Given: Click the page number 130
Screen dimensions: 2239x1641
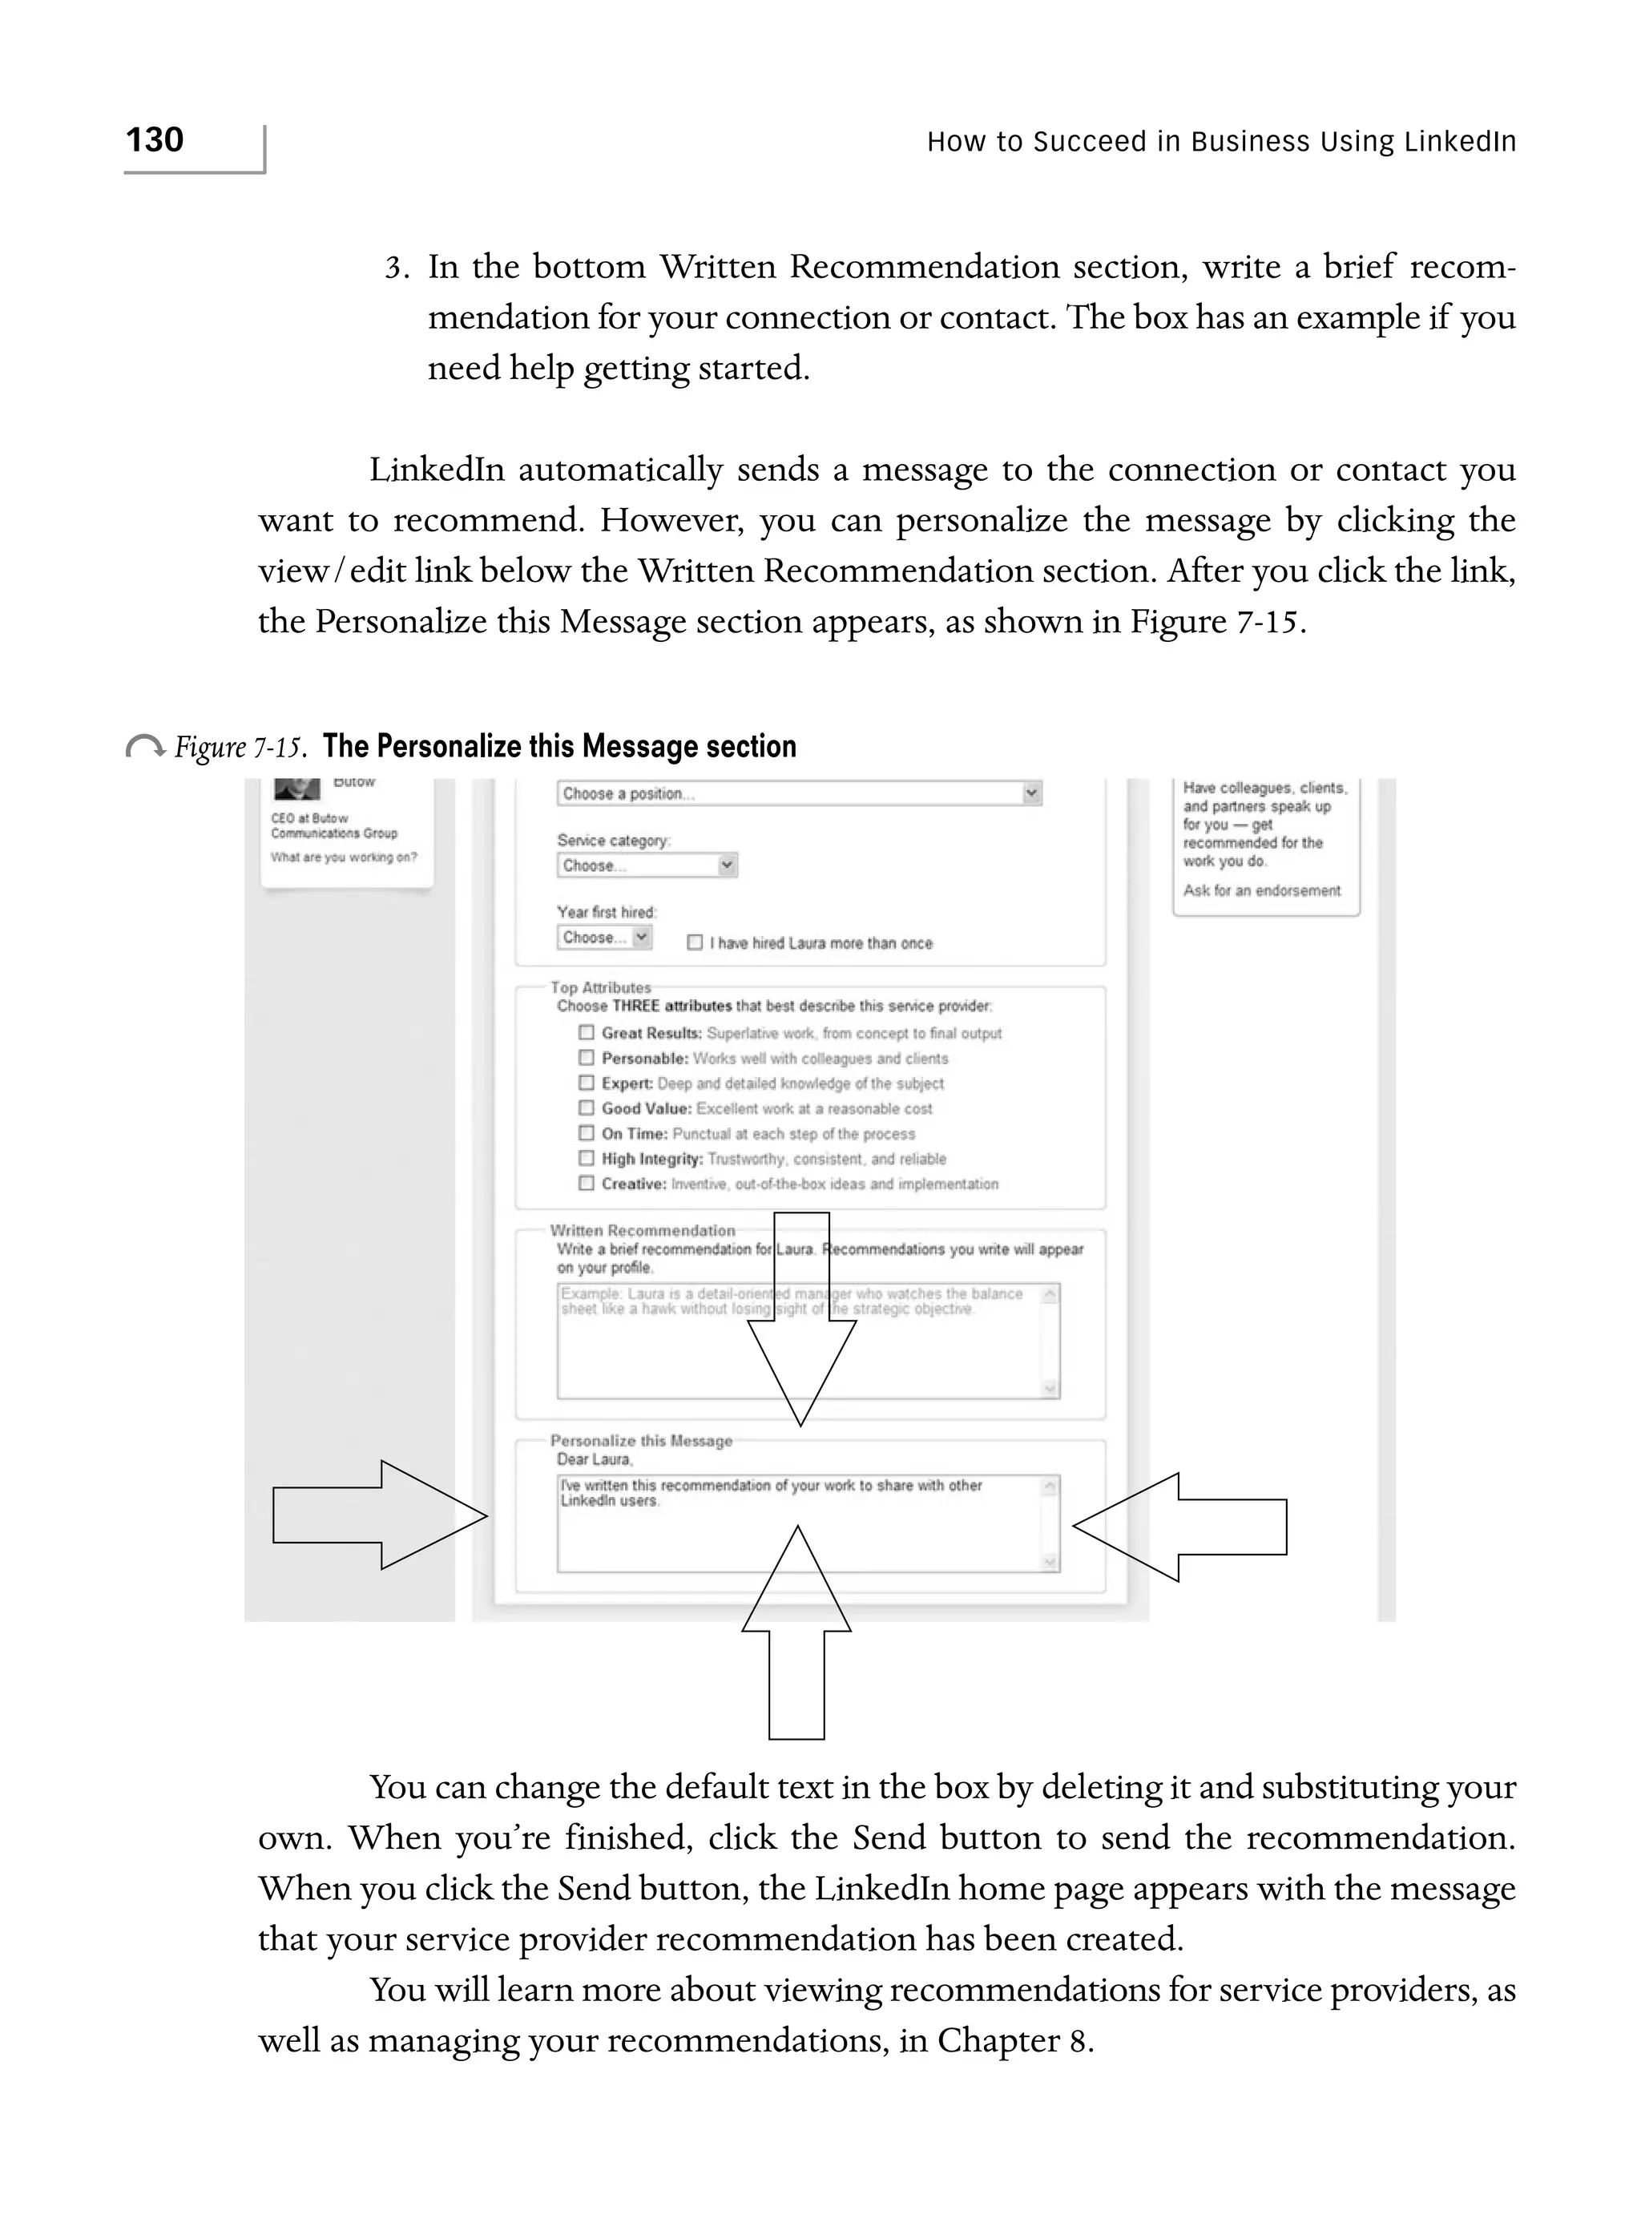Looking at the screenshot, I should [155, 140].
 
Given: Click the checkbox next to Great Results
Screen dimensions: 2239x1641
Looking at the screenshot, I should [586, 1032].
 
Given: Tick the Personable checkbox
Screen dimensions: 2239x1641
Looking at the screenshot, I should [586, 1058].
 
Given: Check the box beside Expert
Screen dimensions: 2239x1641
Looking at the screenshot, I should [586, 1083].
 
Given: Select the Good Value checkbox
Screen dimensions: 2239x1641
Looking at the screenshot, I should [586, 1107].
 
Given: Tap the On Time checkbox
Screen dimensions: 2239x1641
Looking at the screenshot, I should [586, 1133].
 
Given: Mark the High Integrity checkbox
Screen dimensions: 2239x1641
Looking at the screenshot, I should [586, 1158].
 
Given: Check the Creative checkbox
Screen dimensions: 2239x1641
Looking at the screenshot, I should [586, 1183].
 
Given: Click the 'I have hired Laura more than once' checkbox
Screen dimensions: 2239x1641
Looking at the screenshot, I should [696, 942].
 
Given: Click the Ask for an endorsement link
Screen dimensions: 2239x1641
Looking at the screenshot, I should [1261, 890].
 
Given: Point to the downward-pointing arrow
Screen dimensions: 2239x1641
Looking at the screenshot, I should [800, 1321].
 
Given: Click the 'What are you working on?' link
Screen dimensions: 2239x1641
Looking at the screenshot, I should [344, 857].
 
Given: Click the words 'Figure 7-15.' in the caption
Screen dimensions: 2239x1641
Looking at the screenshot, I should [239, 747].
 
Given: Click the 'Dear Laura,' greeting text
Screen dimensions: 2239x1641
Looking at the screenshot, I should [593, 1459].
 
